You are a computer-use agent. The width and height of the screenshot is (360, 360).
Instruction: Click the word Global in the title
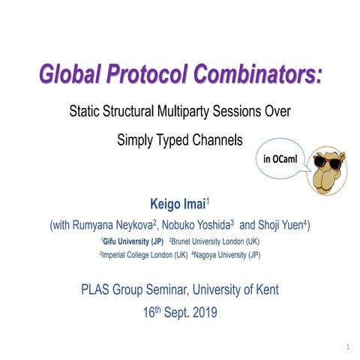68,74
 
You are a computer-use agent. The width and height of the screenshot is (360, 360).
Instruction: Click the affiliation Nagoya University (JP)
229,255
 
